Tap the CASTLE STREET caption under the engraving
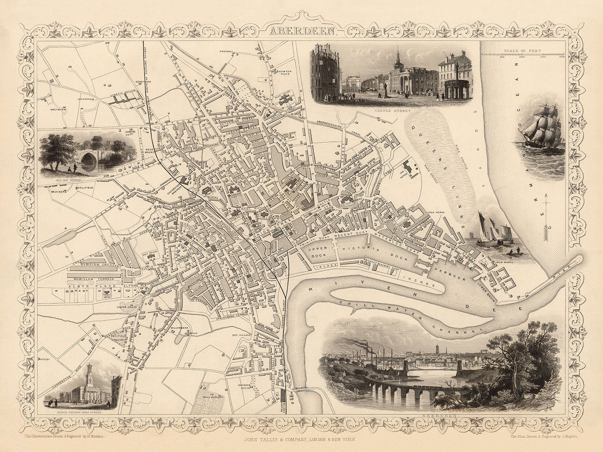pyautogui.click(x=389, y=110)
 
